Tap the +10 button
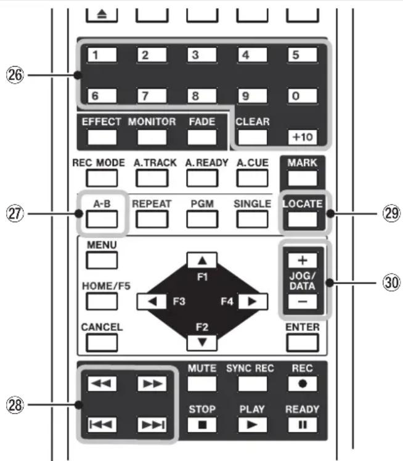click(303, 137)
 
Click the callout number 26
click(15, 75)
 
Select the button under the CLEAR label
click(253, 137)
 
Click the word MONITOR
click(152, 121)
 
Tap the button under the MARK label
click(303, 178)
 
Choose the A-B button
click(102, 219)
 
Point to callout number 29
click(391, 213)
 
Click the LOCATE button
click(303, 219)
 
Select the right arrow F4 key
click(253, 301)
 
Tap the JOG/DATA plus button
click(303, 261)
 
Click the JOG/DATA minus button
click(303, 301)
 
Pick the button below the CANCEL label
click(102, 343)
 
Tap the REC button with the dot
click(303, 384)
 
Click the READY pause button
click(303, 425)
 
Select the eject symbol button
click(102, 15)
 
